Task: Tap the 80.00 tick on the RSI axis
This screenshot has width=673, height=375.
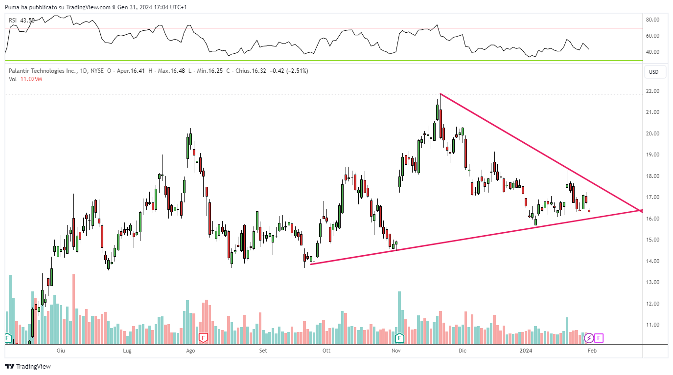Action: pyautogui.click(x=653, y=20)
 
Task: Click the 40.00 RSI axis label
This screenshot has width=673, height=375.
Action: pyautogui.click(x=653, y=52)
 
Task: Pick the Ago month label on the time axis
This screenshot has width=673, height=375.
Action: pyautogui.click(x=191, y=351)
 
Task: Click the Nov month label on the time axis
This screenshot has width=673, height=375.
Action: pyautogui.click(x=397, y=351)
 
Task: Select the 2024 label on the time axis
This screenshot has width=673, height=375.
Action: pyautogui.click(x=526, y=351)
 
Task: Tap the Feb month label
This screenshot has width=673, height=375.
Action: pyautogui.click(x=592, y=351)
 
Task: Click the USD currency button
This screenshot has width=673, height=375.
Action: pyautogui.click(x=653, y=72)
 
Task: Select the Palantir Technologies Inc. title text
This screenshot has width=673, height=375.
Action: pyautogui.click(x=43, y=71)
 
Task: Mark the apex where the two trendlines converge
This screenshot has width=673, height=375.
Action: pyautogui.click(x=642, y=211)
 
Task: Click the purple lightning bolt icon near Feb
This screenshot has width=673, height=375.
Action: pyautogui.click(x=589, y=337)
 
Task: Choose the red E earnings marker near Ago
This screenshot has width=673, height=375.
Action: pyautogui.click(x=203, y=337)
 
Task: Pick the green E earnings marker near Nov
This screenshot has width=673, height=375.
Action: pyautogui.click(x=399, y=337)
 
